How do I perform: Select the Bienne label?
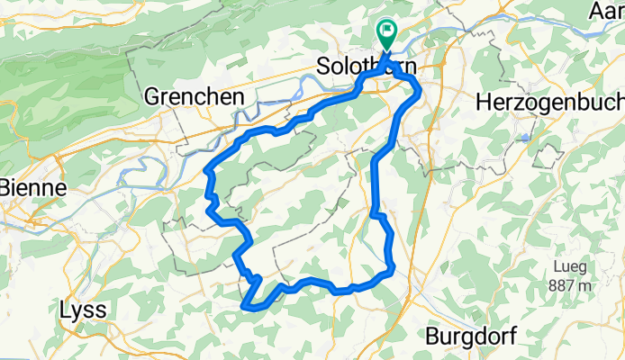click(32, 189)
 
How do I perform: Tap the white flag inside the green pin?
click(386, 30)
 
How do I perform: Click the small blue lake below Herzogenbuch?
click(523, 137)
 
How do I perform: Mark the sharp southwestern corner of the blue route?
click(244, 307)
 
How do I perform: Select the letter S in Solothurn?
click(325, 67)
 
